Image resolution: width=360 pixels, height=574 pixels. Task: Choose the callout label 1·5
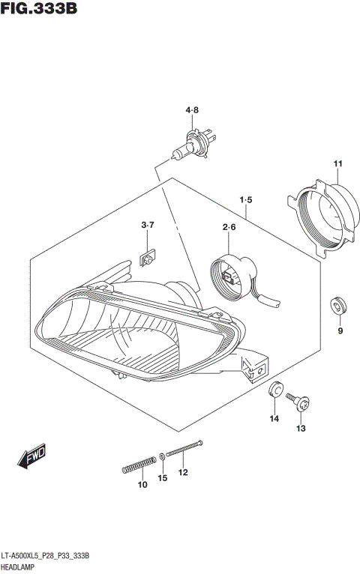[x=245, y=200]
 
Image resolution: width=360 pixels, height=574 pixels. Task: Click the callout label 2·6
[x=229, y=228]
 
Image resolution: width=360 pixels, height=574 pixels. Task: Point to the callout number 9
[x=339, y=331]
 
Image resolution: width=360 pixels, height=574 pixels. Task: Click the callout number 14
[x=274, y=419]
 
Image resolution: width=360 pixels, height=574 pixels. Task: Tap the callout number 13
[x=301, y=429]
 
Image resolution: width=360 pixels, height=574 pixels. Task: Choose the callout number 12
[x=183, y=472]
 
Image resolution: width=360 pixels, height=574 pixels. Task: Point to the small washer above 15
[x=163, y=456]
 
